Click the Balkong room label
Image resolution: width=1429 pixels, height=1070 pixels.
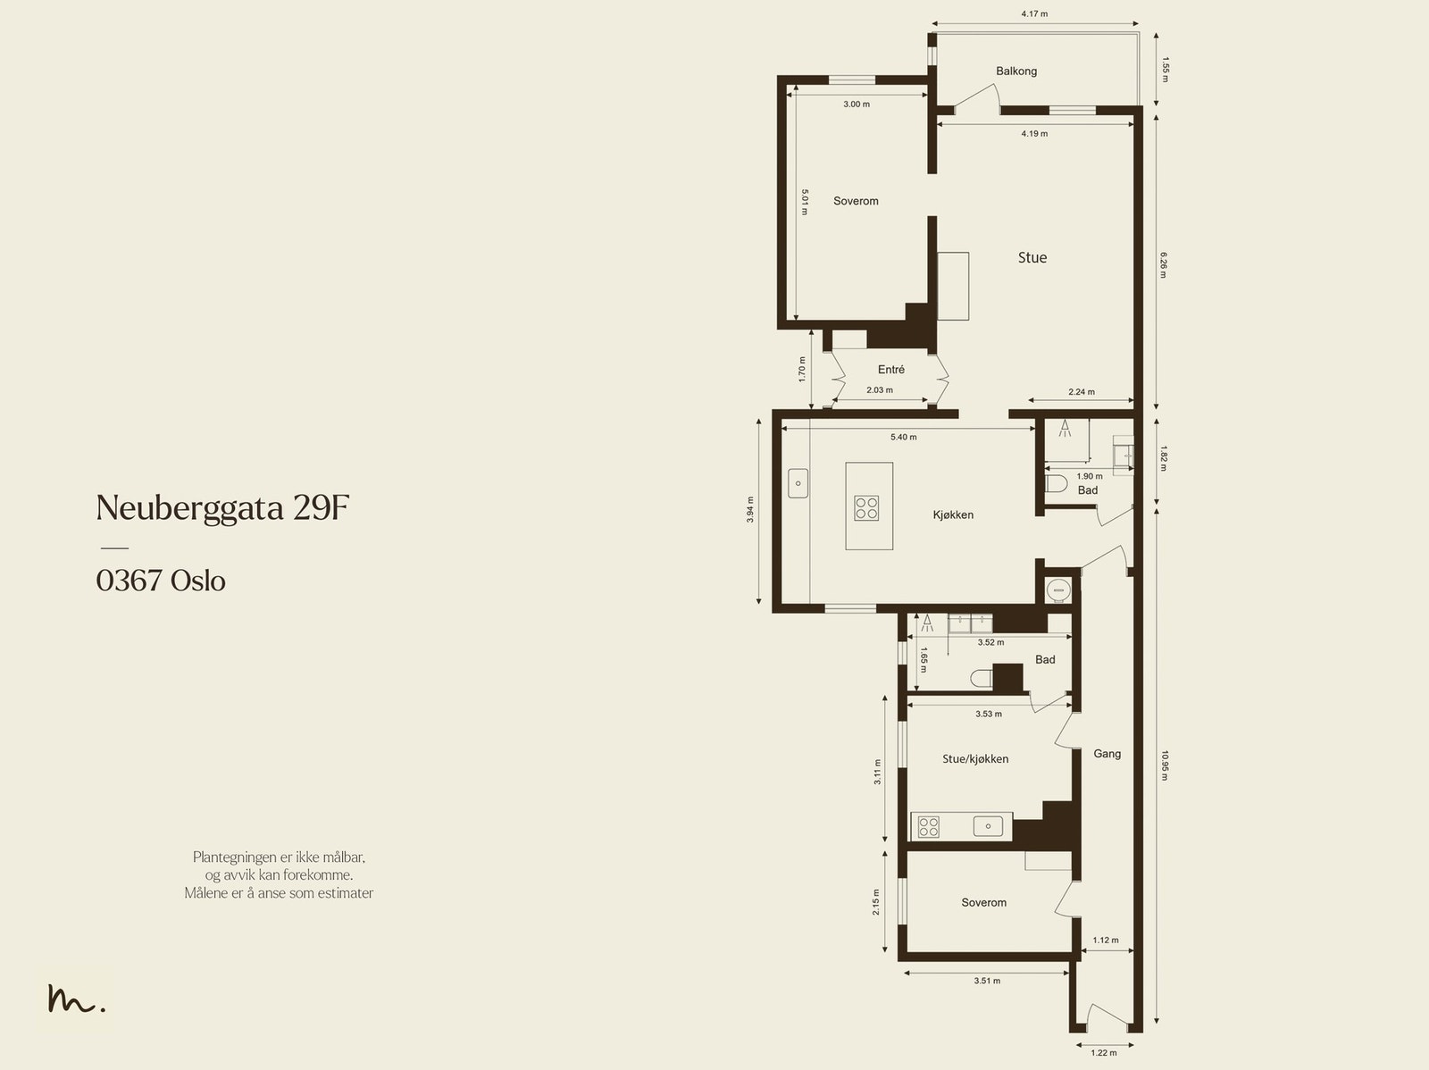tap(1016, 71)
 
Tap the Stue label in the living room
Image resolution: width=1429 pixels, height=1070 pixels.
tap(1032, 258)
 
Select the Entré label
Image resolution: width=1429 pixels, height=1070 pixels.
tap(891, 370)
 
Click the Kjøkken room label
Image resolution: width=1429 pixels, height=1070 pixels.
tap(953, 514)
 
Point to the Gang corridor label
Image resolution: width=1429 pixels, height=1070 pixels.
tap(1107, 754)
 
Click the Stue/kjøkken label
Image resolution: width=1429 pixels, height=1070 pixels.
tap(975, 759)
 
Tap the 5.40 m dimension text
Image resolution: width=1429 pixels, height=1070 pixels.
tap(904, 438)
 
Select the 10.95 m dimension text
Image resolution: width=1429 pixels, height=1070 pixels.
tap(1164, 765)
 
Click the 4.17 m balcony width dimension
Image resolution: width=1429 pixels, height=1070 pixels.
tap(1034, 13)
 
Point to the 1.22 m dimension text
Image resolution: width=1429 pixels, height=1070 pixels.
tap(1104, 1052)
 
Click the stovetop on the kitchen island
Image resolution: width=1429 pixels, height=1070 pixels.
tap(866, 508)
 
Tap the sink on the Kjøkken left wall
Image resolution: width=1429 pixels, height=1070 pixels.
tap(798, 483)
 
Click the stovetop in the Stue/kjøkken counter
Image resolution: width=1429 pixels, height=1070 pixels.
tap(928, 827)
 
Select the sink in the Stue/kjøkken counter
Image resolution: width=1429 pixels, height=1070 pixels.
tap(989, 826)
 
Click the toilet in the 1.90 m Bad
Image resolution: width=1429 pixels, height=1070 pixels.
tap(1056, 484)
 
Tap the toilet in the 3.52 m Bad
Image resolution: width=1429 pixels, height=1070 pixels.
tap(981, 678)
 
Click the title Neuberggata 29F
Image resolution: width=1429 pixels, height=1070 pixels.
tap(222, 508)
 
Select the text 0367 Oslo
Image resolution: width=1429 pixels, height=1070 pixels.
tap(161, 581)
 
